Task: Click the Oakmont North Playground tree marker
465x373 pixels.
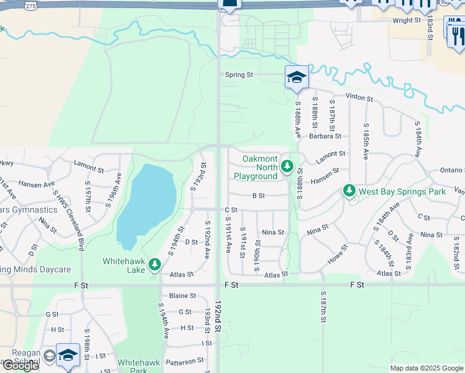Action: pyautogui.click(x=287, y=166)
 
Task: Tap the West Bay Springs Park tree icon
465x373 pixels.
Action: pyautogui.click(x=349, y=191)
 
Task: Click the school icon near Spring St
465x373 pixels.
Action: pyautogui.click(x=297, y=78)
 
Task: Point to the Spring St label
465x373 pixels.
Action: pyautogui.click(x=239, y=75)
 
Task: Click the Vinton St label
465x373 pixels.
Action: pyautogui.click(x=359, y=98)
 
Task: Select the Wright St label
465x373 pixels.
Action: pyautogui.click(x=407, y=21)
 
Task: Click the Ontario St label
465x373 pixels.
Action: pyautogui.click(x=441, y=170)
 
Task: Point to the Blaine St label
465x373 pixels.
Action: pyautogui.click(x=183, y=296)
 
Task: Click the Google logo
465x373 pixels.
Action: pyautogui.click(x=20, y=366)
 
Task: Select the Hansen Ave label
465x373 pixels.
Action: pyautogui.click(x=37, y=184)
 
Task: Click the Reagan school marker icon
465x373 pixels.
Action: pyautogui.click(x=68, y=355)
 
